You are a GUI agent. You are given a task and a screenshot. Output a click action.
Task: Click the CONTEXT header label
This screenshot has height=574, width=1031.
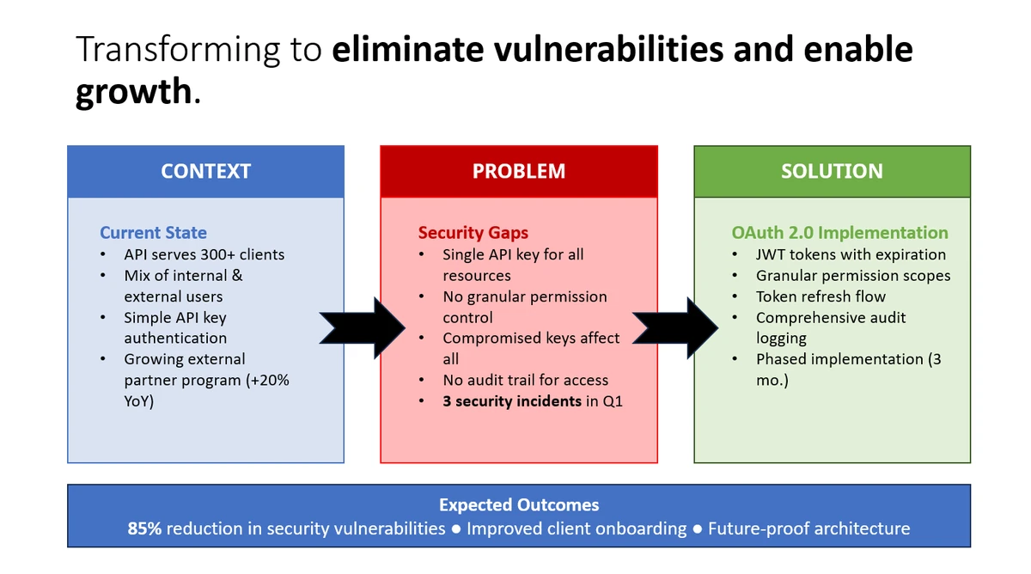click(205, 171)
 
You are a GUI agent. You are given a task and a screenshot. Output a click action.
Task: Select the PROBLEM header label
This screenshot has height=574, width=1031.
click(518, 171)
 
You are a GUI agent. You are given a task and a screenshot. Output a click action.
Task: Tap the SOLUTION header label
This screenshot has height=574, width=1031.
click(832, 171)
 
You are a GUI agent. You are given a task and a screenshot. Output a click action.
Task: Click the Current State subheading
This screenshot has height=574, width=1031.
click(153, 232)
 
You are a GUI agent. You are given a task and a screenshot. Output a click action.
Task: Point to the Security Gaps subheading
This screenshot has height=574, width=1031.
click(473, 232)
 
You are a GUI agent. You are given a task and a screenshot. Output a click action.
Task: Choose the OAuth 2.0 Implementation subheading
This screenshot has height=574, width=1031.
click(839, 232)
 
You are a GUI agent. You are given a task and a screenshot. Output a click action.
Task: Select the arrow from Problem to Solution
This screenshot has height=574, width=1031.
click(675, 327)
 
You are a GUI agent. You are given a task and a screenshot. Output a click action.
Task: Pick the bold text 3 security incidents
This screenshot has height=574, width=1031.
click(512, 400)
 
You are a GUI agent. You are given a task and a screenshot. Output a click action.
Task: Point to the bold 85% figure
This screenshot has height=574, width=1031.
click(144, 528)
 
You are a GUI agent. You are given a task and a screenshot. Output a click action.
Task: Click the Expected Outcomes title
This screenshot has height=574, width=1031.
click(519, 505)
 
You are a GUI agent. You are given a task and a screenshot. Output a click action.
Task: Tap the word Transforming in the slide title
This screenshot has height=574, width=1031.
click(177, 50)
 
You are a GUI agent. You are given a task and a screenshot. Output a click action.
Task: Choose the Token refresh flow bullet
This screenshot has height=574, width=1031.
click(821, 296)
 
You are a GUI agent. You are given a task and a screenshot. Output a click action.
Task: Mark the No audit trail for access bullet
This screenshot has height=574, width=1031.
click(525, 380)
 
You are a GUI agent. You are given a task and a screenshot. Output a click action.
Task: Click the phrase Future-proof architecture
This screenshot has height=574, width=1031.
click(808, 528)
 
